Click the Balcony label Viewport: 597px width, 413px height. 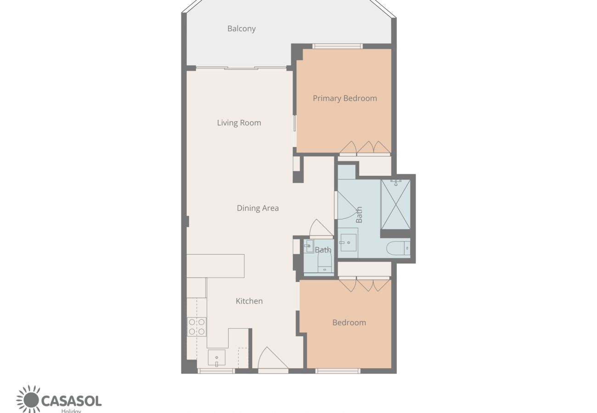[x=242, y=28]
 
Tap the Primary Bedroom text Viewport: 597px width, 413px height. [x=345, y=98]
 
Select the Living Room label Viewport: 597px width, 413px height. [x=239, y=123]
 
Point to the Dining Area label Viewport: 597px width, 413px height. [x=258, y=208]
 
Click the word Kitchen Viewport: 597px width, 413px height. [x=249, y=301]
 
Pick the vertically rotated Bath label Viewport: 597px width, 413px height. [x=359, y=215]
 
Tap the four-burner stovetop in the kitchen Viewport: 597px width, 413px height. [x=197, y=327]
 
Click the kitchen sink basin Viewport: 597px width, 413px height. [x=216, y=358]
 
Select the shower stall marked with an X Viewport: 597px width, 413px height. [x=395, y=205]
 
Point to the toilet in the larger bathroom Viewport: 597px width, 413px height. [x=398, y=248]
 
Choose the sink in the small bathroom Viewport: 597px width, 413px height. [x=309, y=246]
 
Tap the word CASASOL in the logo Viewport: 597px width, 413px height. [x=72, y=401]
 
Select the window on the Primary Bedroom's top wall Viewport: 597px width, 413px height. [x=338, y=46]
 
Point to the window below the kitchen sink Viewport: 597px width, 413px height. [x=216, y=371]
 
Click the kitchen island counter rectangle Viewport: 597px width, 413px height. [x=215, y=266]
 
